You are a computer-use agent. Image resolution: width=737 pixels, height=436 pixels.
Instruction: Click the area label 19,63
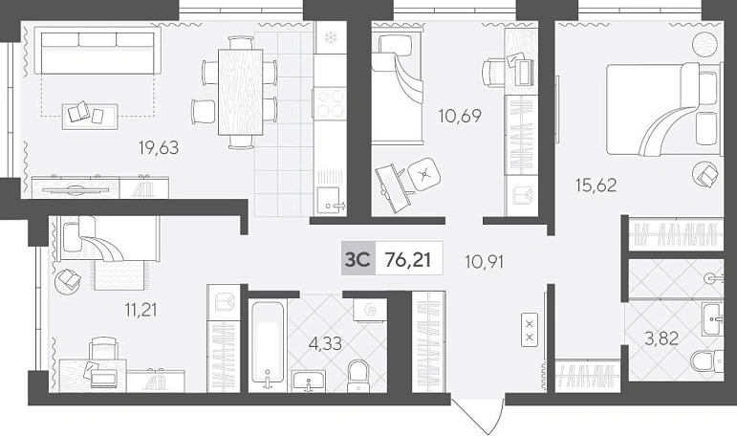(x=159, y=147)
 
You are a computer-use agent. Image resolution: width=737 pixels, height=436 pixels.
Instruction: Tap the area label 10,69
(x=460, y=116)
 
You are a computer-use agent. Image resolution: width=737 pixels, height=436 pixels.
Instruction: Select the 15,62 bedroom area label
(x=596, y=185)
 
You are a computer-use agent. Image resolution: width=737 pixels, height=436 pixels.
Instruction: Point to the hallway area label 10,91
(x=484, y=261)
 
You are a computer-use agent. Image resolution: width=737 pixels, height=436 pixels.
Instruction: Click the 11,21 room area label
(x=141, y=310)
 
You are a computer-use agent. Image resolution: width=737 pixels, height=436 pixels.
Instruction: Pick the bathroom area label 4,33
(x=325, y=344)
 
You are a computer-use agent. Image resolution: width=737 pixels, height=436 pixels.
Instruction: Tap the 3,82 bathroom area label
(x=661, y=338)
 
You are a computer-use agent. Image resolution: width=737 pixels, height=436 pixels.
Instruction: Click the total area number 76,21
(x=407, y=259)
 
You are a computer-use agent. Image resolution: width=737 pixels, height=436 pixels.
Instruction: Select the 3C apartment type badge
(x=358, y=258)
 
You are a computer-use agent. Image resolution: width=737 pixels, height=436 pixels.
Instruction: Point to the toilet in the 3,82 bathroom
(x=707, y=360)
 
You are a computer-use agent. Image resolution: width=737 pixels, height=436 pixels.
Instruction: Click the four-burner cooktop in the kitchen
(x=330, y=103)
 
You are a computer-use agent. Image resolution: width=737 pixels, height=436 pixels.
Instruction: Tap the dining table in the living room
(x=240, y=92)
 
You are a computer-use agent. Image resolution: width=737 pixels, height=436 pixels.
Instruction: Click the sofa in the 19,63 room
(x=98, y=51)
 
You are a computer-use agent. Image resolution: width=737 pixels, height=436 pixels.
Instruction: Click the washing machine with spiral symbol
(x=370, y=311)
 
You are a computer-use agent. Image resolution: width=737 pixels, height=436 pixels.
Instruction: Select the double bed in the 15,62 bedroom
(x=662, y=109)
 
